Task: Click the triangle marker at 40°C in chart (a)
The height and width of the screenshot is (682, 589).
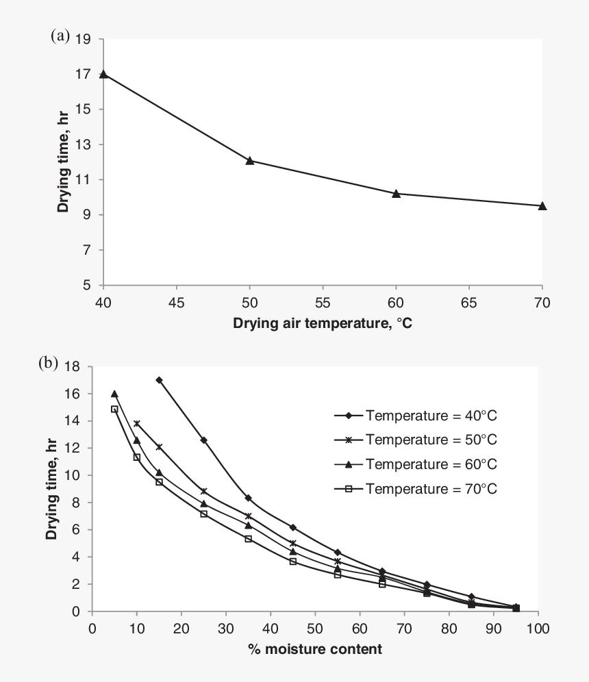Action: point(103,74)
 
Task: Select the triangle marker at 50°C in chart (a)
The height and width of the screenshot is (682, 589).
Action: point(250,161)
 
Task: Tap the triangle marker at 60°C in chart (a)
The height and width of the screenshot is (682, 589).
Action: point(396,194)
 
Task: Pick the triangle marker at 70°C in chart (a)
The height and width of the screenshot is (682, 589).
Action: point(542,205)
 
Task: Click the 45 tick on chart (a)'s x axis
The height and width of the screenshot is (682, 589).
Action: point(176,301)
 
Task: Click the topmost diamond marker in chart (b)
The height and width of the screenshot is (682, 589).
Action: point(159,380)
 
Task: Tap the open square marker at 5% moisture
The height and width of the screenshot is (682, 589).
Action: point(114,409)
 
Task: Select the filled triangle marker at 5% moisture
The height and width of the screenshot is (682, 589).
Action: point(114,394)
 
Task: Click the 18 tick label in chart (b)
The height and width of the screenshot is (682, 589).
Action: point(73,367)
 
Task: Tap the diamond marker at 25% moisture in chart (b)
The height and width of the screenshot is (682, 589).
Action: point(203,440)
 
